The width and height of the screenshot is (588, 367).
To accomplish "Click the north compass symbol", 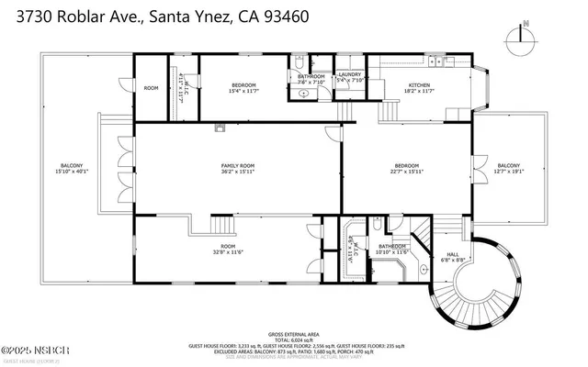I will tap(520, 36).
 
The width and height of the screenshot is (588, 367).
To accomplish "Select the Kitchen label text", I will tap(419, 86).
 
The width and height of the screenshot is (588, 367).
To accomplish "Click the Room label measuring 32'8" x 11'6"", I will tap(227, 248).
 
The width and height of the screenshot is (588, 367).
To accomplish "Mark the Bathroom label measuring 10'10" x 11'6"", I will tap(392, 248).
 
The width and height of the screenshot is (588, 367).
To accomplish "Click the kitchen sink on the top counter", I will tap(431, 61).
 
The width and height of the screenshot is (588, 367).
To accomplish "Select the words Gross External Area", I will tap(294, 332).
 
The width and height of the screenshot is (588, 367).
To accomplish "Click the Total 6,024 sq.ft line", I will tap(294, 339).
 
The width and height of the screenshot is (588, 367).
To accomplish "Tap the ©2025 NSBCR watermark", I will tap(29, 350).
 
